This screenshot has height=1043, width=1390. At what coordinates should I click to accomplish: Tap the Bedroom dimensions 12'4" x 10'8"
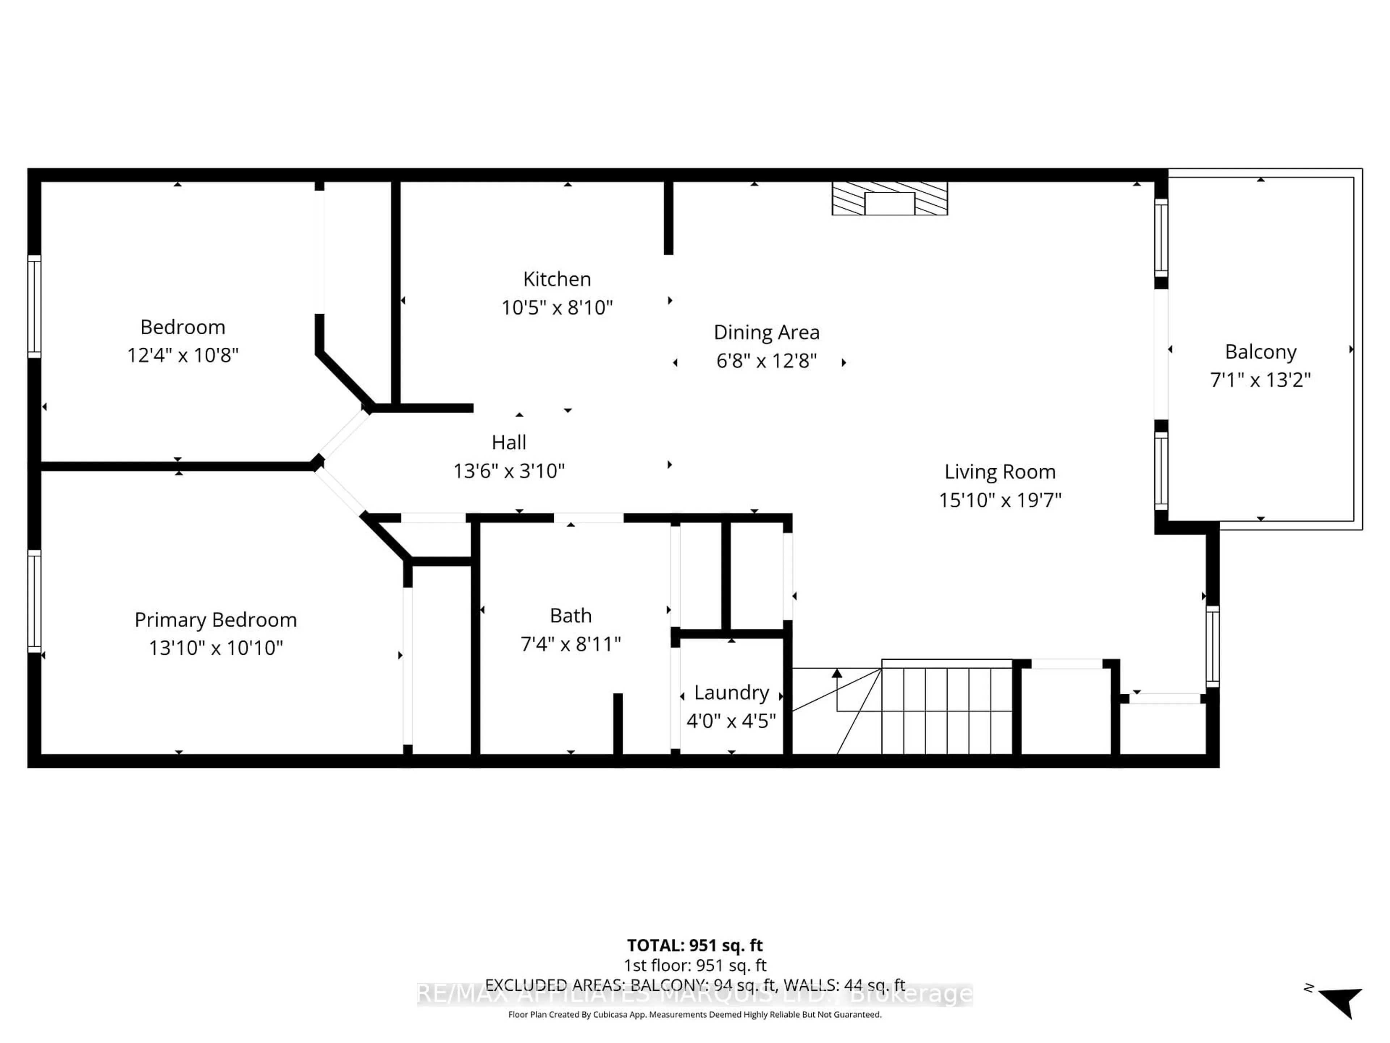click(183, 355)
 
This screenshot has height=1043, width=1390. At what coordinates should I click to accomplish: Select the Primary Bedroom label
click(215, 620)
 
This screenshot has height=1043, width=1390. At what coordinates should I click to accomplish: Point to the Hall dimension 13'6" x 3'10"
click(509, 471)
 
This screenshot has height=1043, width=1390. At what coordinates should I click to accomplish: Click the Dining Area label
click(767, 332)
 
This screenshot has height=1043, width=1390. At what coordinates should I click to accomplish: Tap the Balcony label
click(1260, 352)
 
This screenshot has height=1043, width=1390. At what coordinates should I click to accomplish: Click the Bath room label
click(570, 616)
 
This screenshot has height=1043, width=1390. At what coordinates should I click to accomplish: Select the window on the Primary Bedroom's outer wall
click(34, 601)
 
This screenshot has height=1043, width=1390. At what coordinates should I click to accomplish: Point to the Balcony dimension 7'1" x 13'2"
click(1260, 380)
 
